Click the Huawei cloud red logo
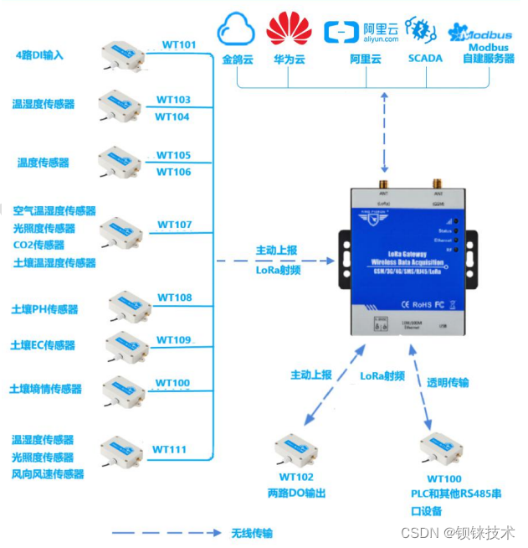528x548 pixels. point(289,29)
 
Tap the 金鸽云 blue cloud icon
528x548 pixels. point(235,32)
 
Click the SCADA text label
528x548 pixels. point(425,59)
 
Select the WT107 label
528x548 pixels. point(174,225)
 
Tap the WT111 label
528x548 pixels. point(169,450)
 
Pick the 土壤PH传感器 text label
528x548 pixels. point(44,310)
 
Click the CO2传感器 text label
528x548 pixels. point(38,246)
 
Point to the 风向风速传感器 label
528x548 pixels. point(48,475)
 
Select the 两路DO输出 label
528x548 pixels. point(296,494)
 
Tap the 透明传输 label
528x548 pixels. point(448,382)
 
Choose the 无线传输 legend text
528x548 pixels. point(251,533)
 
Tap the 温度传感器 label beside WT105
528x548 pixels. point(44,163)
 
